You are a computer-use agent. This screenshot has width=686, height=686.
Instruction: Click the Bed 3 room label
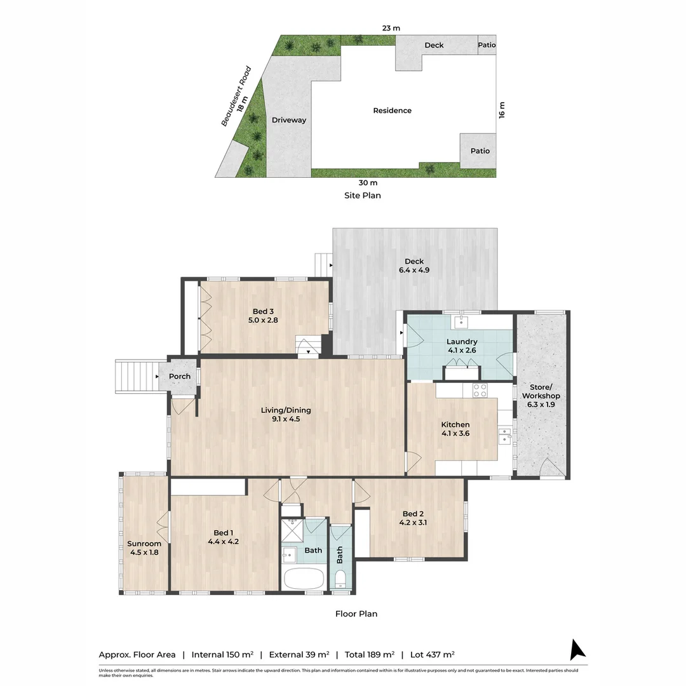[263, 316]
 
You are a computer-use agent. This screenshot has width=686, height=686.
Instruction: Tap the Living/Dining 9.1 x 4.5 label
[286, 414]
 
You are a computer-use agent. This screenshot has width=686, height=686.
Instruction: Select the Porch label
[180, 376]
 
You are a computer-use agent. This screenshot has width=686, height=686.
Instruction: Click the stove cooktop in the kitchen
[480, 390]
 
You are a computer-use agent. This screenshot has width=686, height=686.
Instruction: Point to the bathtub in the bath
[304, 579]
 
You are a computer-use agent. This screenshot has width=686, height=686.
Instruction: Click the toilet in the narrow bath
[340, 579]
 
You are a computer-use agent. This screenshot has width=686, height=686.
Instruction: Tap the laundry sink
[461, 322]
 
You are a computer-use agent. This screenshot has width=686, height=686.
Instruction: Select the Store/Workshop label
[541, 396]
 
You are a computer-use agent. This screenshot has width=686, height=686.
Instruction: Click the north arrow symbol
[577, 650]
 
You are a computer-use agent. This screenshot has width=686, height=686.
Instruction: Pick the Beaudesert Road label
[236, 97]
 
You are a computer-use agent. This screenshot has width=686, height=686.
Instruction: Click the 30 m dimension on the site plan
[368, 183]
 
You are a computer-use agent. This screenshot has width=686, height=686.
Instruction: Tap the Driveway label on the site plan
[289, 120]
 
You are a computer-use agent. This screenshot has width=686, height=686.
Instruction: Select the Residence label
[392, 111]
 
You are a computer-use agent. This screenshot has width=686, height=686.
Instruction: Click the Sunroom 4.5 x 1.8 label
[144, 548]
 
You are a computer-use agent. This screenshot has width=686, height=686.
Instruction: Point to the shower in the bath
[292, 530]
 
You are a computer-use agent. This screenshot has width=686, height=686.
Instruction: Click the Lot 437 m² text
[433, 654]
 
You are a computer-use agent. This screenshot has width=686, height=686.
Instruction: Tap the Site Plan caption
[362, 196]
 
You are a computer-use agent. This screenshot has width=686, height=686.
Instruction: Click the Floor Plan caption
[356, 614]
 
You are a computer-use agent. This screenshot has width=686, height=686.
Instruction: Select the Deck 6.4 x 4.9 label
[414, 266]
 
